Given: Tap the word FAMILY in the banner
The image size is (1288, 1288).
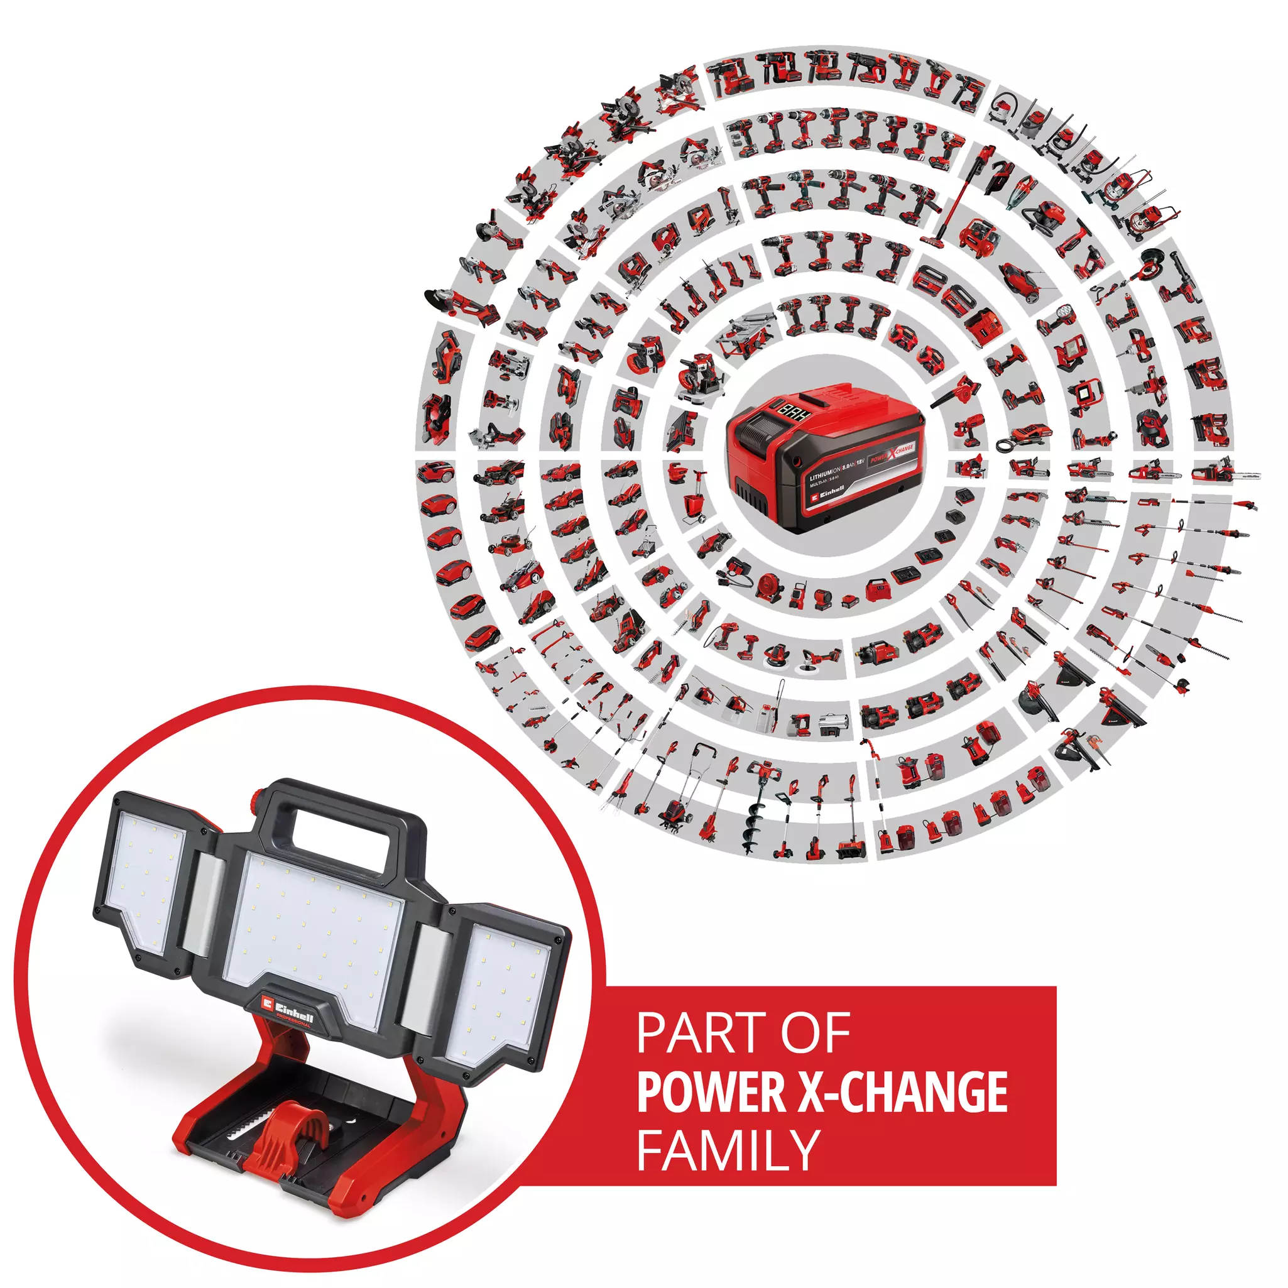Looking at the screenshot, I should point(728,1149).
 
